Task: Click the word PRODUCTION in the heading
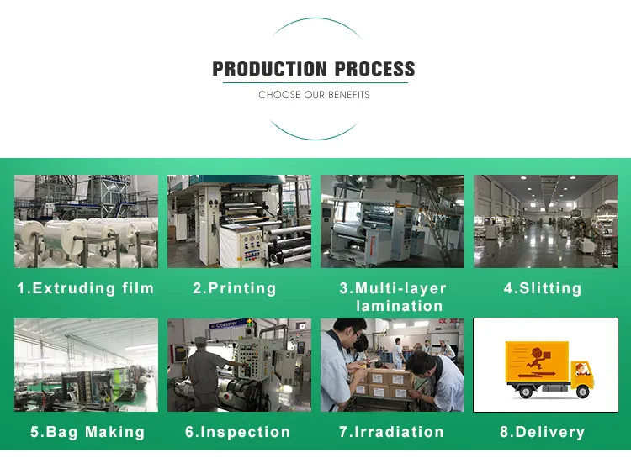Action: pos(269,69)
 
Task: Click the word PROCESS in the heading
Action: pos(374,69)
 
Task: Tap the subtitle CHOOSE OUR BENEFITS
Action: pos(314,95)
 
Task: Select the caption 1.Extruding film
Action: pos(86,288)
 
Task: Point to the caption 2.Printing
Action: pos(235,288)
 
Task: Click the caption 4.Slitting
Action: pos(543,288)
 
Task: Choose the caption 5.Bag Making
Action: pos(87,432)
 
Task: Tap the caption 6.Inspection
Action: pos(237,432)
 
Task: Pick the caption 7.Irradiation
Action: pos(391,432)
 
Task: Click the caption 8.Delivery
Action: pos(543,432)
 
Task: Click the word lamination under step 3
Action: pos(399,306)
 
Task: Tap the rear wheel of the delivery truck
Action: pos(526,392)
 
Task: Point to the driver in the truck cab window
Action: pos(580,369)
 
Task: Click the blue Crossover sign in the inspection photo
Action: pos(227,324)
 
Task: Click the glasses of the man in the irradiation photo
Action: pos(358,334)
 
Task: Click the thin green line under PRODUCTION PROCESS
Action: pos(315,83)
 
